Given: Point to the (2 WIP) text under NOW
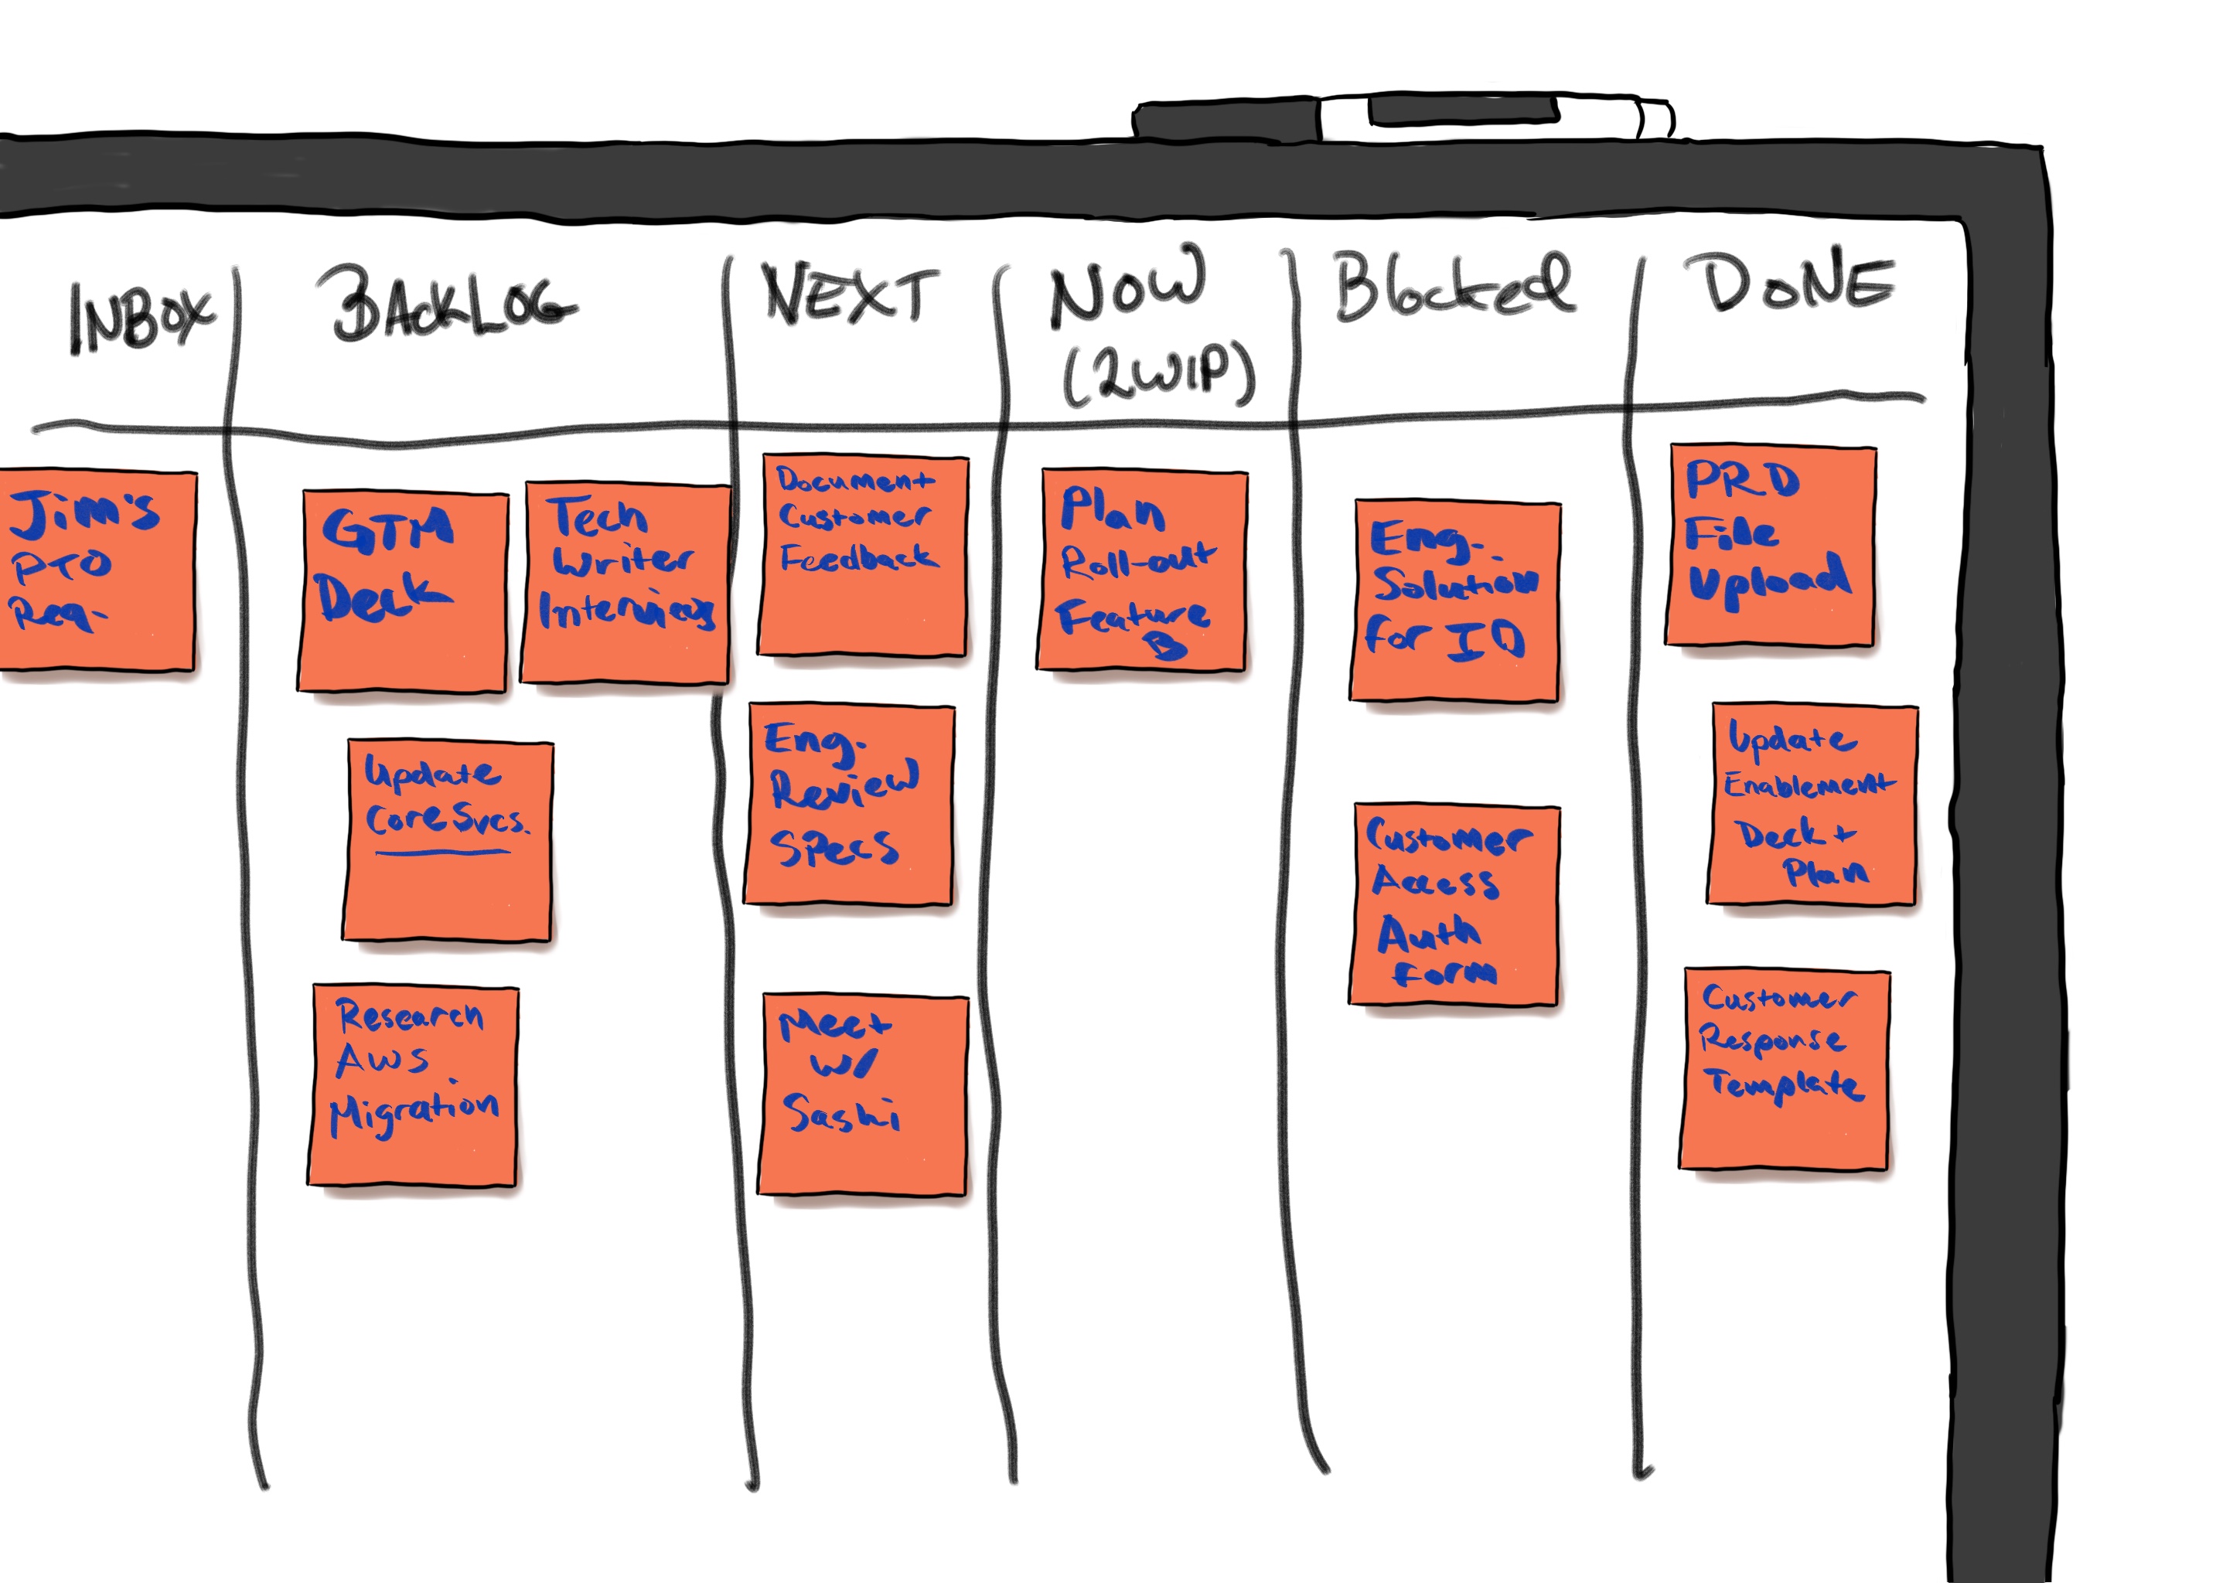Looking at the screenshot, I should pyautogui.click(x=1158, y=374).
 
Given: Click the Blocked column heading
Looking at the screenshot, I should pyautogui.click(x=1453, y=284).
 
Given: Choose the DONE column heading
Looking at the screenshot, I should pyautogui.click(x=1797, y=283).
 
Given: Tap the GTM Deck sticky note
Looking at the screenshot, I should pyautogui.click(x=403, y=591).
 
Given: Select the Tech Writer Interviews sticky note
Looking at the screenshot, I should pyautogui.click(x=625, y=583).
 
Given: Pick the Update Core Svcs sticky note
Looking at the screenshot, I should pyautogui.click(x=448, y=840).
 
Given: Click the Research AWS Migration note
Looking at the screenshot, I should pyautogui.click(x=414, y=1084).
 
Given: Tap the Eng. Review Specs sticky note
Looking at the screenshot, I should pyautogui.click(x=848, y=804).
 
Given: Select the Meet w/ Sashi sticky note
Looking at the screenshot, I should pyautogui.click(x=863, y=1094).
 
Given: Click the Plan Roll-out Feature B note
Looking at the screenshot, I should pyautogui.click(x=1142, y=570).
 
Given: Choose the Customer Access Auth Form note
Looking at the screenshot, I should pyautogui.click(x=1454, y=904).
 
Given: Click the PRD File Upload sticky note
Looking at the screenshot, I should pyautogui.click(x=1771, y=545).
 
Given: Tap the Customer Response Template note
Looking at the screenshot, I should pyautogui.click(x=1784, y=1068).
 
